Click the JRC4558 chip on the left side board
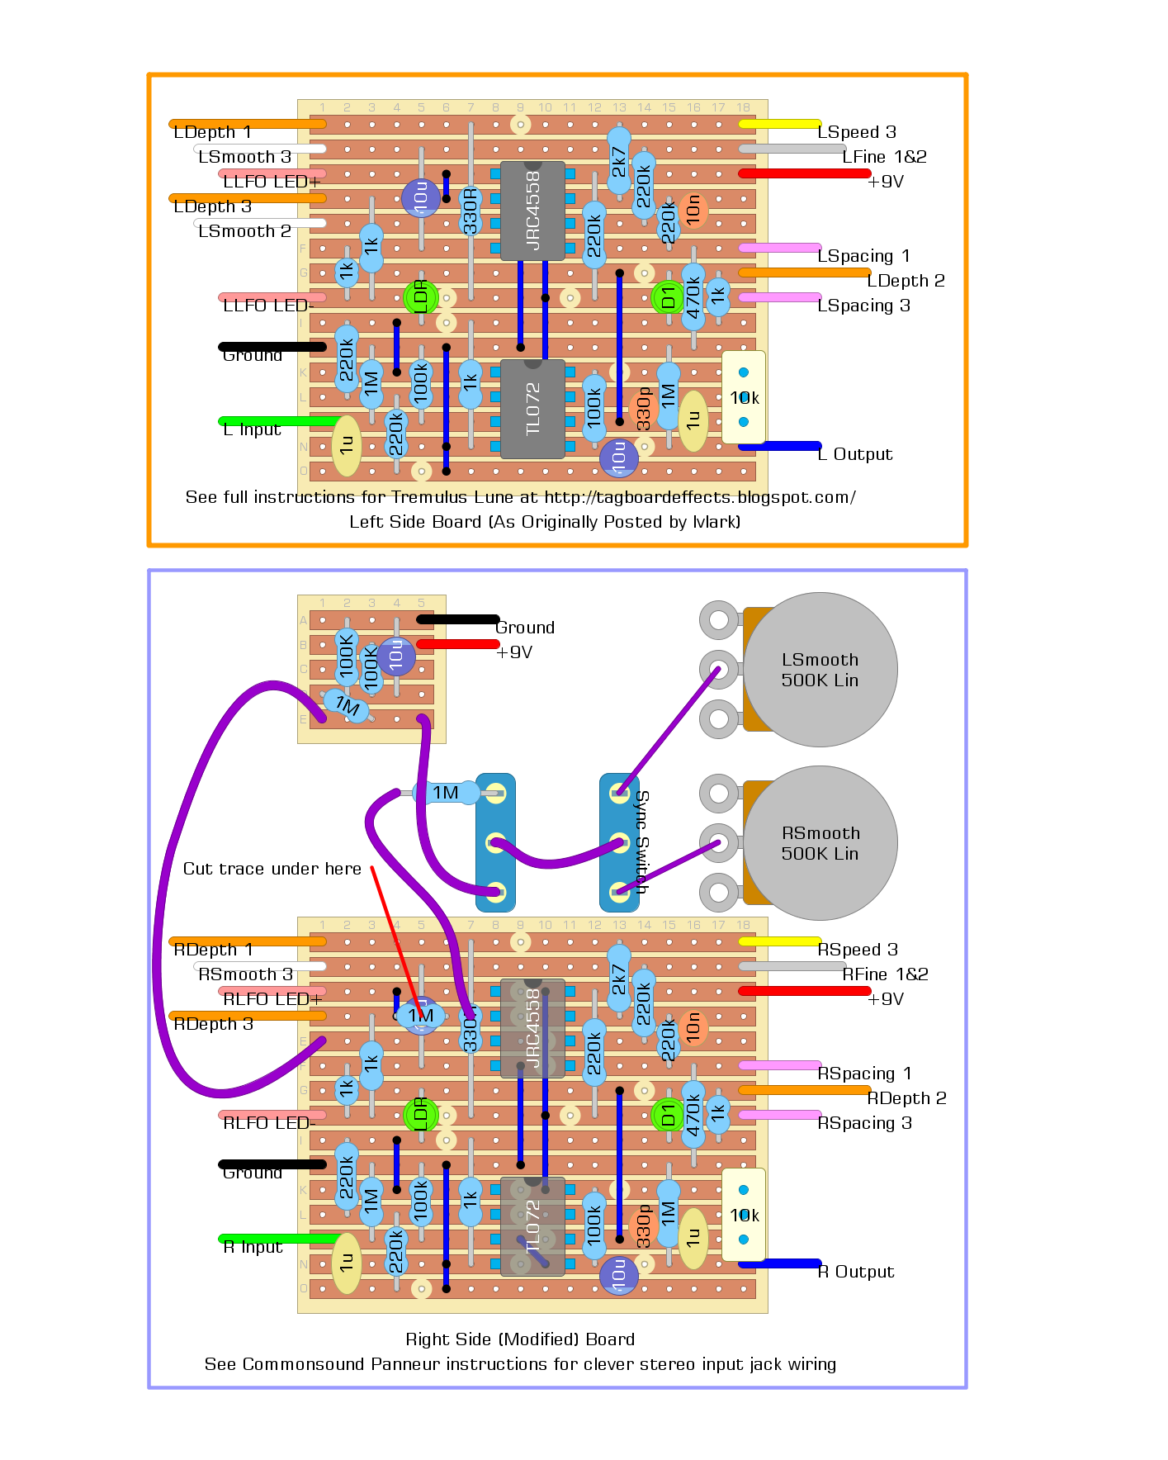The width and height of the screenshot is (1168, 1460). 532,211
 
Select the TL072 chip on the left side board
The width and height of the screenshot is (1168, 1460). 532,409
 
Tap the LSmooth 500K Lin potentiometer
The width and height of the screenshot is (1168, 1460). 820,670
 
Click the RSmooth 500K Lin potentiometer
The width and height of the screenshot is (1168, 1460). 820,843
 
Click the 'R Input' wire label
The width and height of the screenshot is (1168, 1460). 253,1247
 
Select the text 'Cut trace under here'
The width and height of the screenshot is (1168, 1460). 272,869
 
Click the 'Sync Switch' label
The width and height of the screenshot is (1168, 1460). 642,842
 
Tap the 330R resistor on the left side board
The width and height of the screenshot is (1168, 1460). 471,211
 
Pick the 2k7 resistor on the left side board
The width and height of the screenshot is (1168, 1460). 618,161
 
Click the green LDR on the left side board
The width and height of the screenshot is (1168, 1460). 420,296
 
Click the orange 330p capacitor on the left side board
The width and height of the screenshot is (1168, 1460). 643,409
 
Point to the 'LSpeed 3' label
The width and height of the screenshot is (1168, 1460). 856,132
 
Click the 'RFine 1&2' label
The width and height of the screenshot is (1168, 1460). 885,974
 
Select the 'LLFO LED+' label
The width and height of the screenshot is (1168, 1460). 272,182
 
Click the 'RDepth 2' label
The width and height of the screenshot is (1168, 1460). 906,1098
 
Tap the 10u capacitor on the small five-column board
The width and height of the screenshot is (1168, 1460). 396,656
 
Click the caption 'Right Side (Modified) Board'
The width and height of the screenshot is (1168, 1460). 520,1339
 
